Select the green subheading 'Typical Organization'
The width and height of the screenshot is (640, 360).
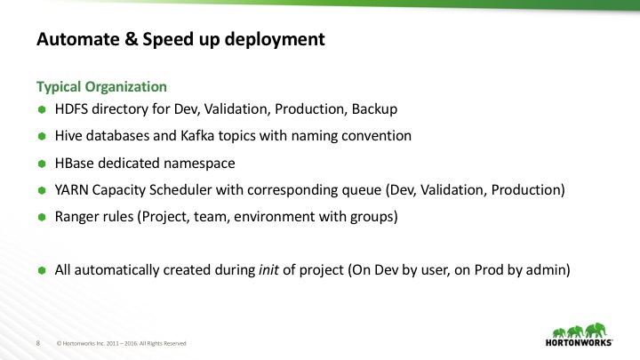click(100, 87)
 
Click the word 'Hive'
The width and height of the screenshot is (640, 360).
click(68, 137)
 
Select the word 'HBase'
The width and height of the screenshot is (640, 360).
click(75, 164)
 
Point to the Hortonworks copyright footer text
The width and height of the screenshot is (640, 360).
click(122, 342)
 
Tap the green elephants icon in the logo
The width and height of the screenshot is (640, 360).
click(577, 327)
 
